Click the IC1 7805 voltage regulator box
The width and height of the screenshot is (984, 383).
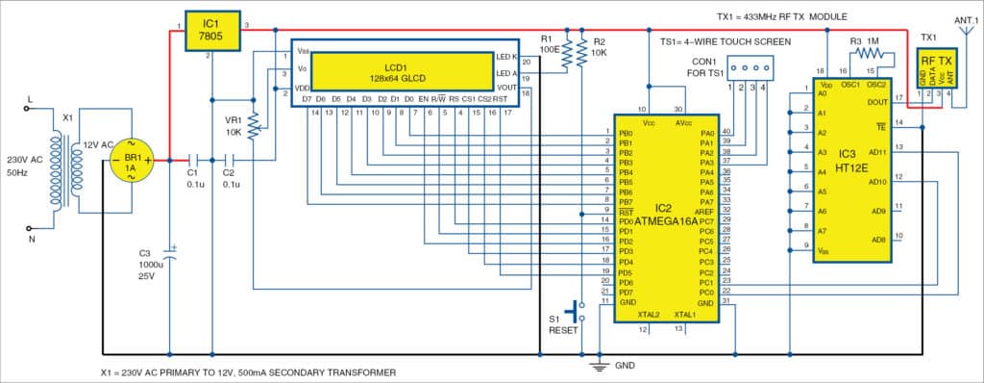click(209, 28)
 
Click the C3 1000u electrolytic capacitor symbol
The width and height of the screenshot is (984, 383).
click(169, 255)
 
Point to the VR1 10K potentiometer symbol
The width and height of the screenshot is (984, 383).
click(254, 122)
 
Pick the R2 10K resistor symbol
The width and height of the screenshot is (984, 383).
click(579, 52)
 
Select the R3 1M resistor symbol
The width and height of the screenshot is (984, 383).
click(878, 55)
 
